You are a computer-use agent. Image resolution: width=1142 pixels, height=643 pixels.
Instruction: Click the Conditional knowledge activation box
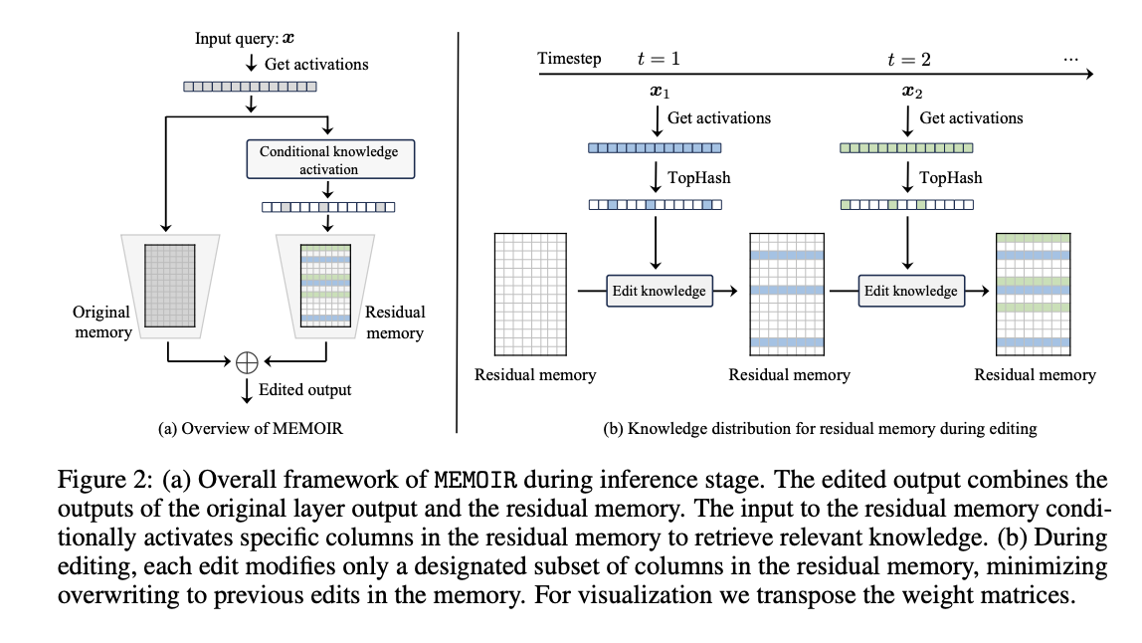[x=328, y=160]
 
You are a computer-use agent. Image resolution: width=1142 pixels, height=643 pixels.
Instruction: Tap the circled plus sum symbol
[x=247, y=364]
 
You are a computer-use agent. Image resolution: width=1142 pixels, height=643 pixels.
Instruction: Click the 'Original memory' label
[x=101, y=322]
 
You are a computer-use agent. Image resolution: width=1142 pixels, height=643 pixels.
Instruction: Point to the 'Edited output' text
[x=304, y=389]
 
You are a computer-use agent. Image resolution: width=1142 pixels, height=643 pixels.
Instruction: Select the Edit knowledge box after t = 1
[x=660, y=291]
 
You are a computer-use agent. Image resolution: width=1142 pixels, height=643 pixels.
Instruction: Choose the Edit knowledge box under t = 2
[x=910, y=291]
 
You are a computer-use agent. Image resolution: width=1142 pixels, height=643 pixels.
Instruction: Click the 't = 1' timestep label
[x=658, y=59]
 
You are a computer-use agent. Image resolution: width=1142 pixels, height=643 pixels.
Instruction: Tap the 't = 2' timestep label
[x=909, y=59]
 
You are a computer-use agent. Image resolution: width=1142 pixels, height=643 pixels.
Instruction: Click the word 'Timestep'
[x=569, y=59]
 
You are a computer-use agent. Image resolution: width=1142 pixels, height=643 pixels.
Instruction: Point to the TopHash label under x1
[x=699, y=177]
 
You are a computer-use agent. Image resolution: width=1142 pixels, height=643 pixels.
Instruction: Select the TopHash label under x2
[x=950, y=177]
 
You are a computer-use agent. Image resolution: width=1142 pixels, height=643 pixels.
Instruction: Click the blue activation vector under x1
[x=654, y=147]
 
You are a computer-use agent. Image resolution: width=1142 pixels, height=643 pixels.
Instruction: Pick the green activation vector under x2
[x=906, y=147]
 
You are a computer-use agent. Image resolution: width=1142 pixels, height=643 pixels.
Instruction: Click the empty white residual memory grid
[x=530, y=294]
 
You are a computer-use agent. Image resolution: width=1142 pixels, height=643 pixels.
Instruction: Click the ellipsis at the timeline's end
[x=1070, y=58]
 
